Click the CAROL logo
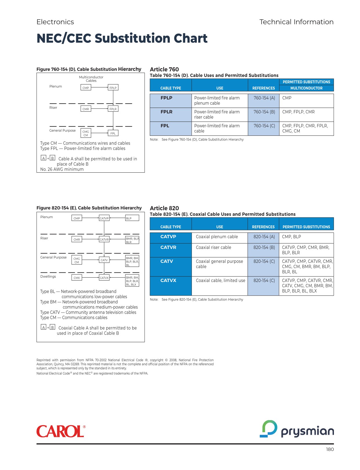61,431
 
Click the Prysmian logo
297,429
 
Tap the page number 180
330,449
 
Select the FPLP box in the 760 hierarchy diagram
113,88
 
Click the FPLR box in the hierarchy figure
113,109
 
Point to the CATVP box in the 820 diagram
104,218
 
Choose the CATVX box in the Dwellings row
104,278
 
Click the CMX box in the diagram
77,278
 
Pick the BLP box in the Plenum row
132,218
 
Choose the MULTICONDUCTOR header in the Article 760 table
306,88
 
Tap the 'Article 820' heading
164,208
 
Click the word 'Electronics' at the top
55,22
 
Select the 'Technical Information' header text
296,22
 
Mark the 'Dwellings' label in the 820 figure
48,276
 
